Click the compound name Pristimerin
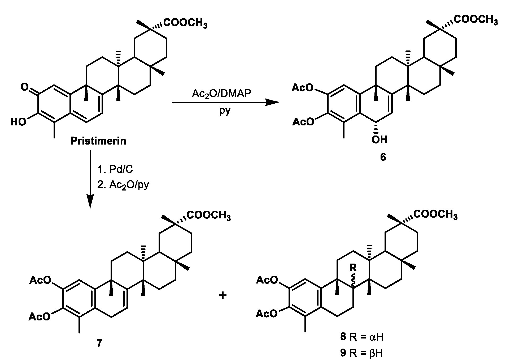[98, 141]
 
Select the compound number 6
[383, 157]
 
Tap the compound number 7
[99, 343]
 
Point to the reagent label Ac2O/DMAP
[221, 94]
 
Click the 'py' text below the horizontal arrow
[225, 111]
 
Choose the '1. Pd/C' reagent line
[115, 169]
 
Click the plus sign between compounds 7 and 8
[223, 295]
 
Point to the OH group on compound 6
[379, 139]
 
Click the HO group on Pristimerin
[19, 122]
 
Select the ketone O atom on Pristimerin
[24, 87]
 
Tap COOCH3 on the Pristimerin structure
[185, 23]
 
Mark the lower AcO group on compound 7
[40, 316]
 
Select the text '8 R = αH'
[362, 337]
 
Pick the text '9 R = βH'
[362, 353]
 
